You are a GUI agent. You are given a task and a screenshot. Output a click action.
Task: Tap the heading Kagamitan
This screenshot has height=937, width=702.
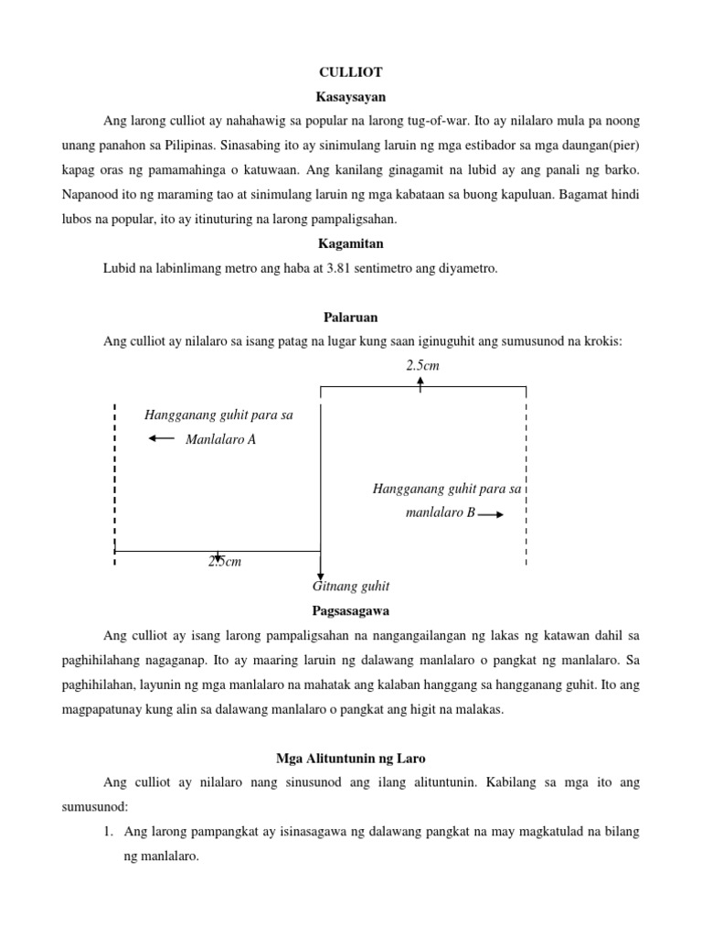click(x=350, y=244)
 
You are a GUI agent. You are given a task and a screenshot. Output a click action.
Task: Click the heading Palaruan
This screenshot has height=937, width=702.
click(x=350, y=317)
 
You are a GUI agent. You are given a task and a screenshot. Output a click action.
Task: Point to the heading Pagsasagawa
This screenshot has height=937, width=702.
click(x=350, y=610)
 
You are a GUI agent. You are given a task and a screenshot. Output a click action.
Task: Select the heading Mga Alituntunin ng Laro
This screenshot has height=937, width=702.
click(x=350, y=759)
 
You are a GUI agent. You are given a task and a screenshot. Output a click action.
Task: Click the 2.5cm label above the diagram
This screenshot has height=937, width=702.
click(x=422, y=365)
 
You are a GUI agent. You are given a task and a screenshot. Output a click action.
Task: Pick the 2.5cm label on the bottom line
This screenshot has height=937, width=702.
click(x=224, y=561)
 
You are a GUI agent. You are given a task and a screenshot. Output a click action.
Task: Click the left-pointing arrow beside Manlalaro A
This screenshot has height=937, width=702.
click(x=161, y=439)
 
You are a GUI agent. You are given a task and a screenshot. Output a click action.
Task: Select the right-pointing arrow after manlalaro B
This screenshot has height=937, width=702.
click(x=491, y=514)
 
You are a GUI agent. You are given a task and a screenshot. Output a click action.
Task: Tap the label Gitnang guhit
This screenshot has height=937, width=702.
click(x=351, y=586)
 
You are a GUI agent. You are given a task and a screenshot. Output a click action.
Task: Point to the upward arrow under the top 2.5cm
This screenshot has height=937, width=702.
click(x=420, y=383)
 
